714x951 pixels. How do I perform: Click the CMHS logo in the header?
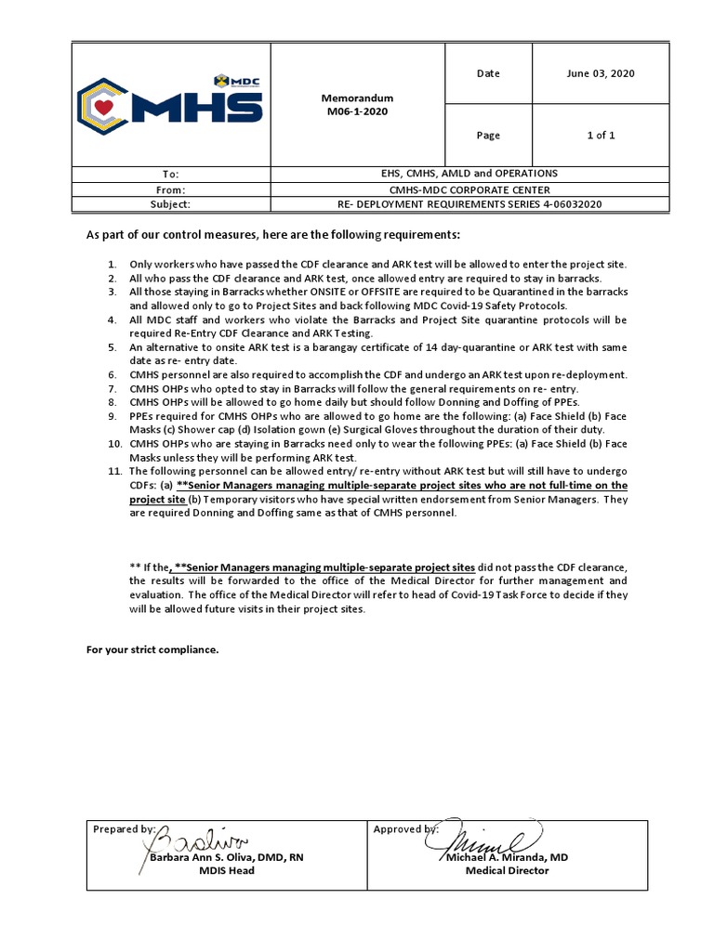(169, 104)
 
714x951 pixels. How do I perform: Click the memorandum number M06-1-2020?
(357, 111)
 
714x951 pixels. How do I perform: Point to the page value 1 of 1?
(600, 135)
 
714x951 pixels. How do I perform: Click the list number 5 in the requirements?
(111, 347)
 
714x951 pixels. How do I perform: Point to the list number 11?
(109, 472)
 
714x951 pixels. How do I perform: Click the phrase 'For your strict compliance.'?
(152, 649)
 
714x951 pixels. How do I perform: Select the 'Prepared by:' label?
(124, 828)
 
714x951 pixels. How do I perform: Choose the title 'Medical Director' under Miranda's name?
(507, 871)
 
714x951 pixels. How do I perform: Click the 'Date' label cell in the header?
(488, 73)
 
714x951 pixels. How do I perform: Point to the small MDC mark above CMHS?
(236, 81)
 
